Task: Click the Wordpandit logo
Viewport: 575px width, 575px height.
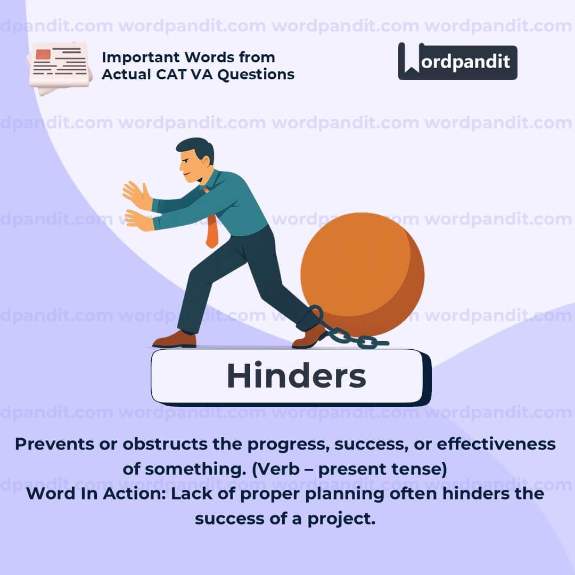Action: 457,61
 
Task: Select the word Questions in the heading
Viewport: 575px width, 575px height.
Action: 256,75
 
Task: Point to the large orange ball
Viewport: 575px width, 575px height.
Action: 363,274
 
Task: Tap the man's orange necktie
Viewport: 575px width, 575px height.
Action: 212,231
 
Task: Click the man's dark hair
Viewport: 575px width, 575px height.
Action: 196,147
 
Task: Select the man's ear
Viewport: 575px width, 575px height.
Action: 206,161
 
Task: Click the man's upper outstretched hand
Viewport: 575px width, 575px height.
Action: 137,195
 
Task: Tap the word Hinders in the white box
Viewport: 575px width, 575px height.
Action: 297,375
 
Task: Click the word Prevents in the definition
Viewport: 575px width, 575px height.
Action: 54,444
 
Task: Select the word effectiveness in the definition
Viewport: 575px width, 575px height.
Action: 496,444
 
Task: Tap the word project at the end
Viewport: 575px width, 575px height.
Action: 341,519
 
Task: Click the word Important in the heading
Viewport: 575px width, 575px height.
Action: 141,57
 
